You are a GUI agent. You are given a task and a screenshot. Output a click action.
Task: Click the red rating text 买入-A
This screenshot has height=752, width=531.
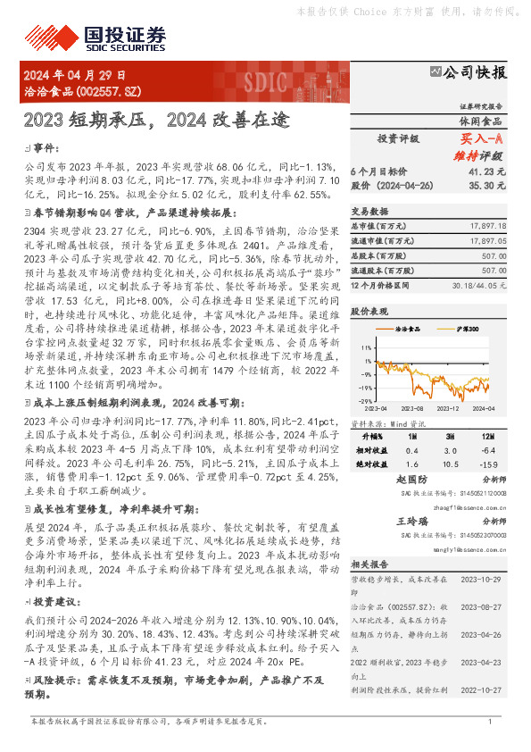482,139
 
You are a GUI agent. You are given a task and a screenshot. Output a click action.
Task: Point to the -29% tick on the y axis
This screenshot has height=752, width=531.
365,402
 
